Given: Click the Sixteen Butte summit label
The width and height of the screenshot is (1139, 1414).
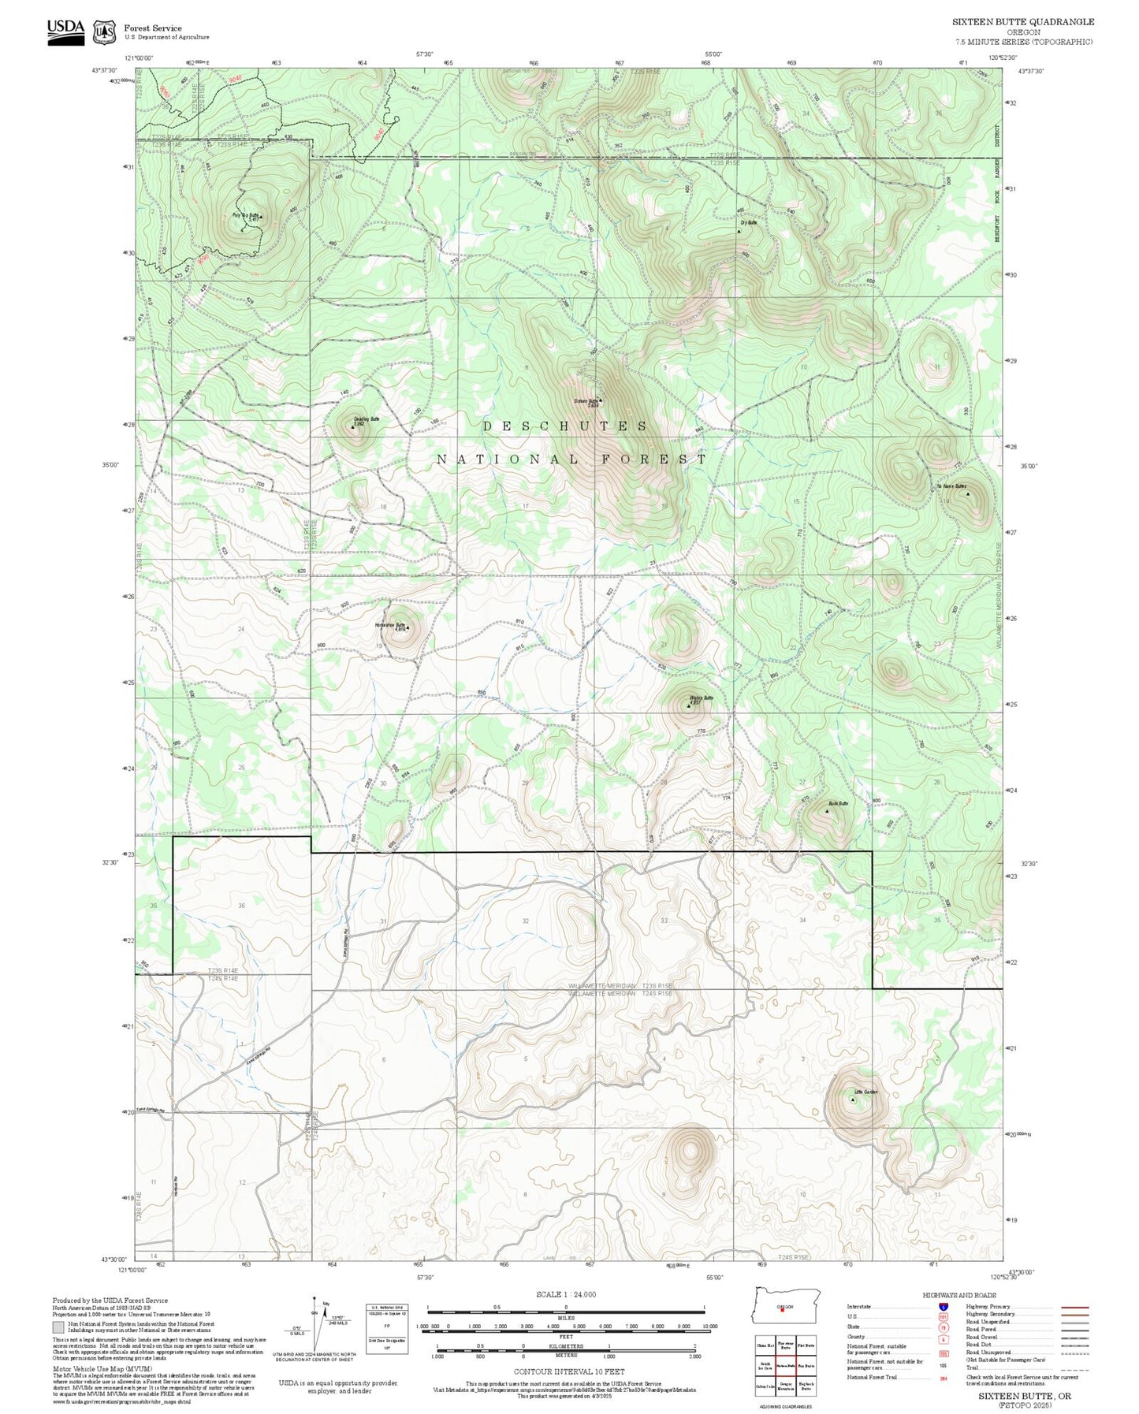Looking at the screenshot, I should point(586,401).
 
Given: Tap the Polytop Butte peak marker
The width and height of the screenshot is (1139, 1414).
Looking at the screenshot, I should point(262,215).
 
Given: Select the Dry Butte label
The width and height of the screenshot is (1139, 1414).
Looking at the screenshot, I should point(748,223).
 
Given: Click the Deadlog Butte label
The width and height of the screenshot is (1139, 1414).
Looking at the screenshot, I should point(367,419).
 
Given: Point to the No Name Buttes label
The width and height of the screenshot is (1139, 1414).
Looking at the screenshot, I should point(951,486).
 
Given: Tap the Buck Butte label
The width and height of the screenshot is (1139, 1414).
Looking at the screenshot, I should point(838,804).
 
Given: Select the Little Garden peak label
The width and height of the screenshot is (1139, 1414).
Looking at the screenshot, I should point(865,1092).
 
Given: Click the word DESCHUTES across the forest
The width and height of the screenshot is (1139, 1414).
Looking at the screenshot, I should point(564,426).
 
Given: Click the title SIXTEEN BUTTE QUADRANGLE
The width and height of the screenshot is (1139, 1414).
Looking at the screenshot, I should point(1023,22).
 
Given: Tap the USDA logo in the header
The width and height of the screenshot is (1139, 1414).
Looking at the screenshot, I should point(65,31).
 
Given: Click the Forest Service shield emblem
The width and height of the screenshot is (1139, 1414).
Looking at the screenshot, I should point(103,32).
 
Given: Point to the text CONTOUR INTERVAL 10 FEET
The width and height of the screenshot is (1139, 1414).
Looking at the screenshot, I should point(568,1372).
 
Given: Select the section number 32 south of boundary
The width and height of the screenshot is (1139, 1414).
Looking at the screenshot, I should point(526,921).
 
